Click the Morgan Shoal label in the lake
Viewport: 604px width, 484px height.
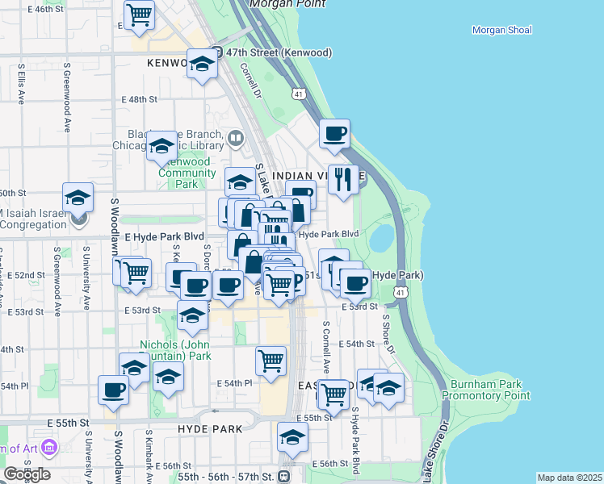coord(501,31)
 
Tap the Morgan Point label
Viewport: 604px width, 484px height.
coord(288,4)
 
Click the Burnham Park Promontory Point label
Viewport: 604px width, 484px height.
coord(490,390)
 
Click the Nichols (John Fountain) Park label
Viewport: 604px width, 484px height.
coord(174,350)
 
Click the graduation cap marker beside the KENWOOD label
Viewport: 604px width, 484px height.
coord(202,64)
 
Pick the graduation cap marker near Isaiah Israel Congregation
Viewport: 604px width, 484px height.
coord(78,198)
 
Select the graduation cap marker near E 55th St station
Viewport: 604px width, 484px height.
coord(292,438)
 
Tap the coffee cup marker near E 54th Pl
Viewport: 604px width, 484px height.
coord(113,390)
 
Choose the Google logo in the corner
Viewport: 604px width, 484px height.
coord(27,474)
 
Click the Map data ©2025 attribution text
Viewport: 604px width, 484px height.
coord(569,478)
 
